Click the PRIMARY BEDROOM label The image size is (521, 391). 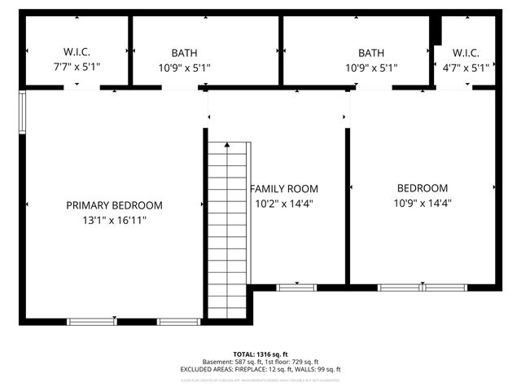pyautogui.click(x=114, y=205)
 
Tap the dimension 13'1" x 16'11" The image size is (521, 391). pyautogui.click(x=114, y=220)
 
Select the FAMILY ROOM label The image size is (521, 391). pyautogui.click(x=283, y=188)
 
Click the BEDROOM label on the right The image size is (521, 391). pyautogui.click(x=422, y=188)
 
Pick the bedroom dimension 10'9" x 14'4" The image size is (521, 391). pyautogui.click(x=422, y=203)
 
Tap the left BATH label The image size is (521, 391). pyautogui.click(x=184, y=53)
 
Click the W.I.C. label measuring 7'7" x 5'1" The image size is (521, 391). pyautogui.click(x=77, y=53)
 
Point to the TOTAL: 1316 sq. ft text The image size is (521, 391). pyautogui.click(x=260, y=354)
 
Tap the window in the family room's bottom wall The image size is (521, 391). pyautogui.click(x=296, y=287)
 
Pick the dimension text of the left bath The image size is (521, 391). pyautogui.click(x=184, y=68)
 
